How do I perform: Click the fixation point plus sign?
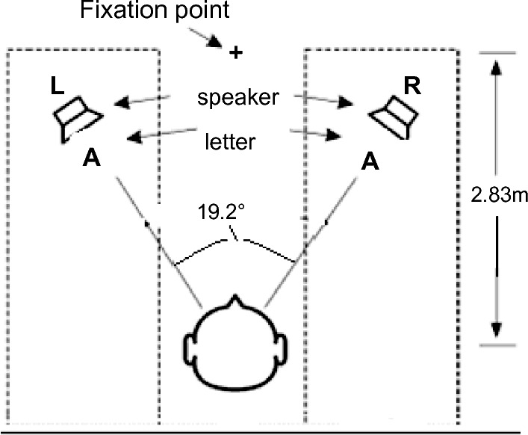click(236, 52)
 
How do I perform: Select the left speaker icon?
click(77, 117)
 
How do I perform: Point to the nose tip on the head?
click(236, 300)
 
